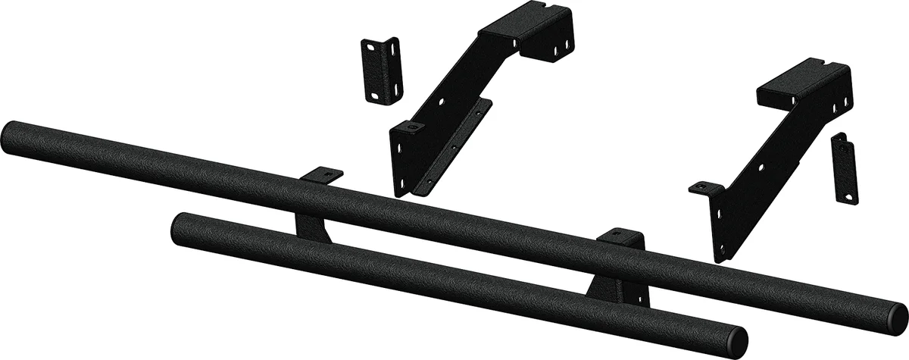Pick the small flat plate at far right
pyautogui.click(x=845, y=167)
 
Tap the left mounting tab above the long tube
pyautogui.click(x=321, y=174)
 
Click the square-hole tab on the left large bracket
pyautogui.click(x=410, y=128)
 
